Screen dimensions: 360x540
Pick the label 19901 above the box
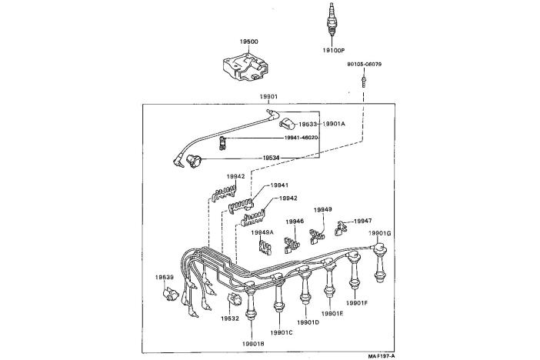tap(268, 97)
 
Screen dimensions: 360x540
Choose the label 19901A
tap(334, 123)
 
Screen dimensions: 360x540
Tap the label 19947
tap(362, 221)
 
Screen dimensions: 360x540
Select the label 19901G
tap(380, 233)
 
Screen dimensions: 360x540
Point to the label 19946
tap(295, 222)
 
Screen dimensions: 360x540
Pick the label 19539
tap(165, 277)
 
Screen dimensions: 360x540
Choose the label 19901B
tap(253, 343)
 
